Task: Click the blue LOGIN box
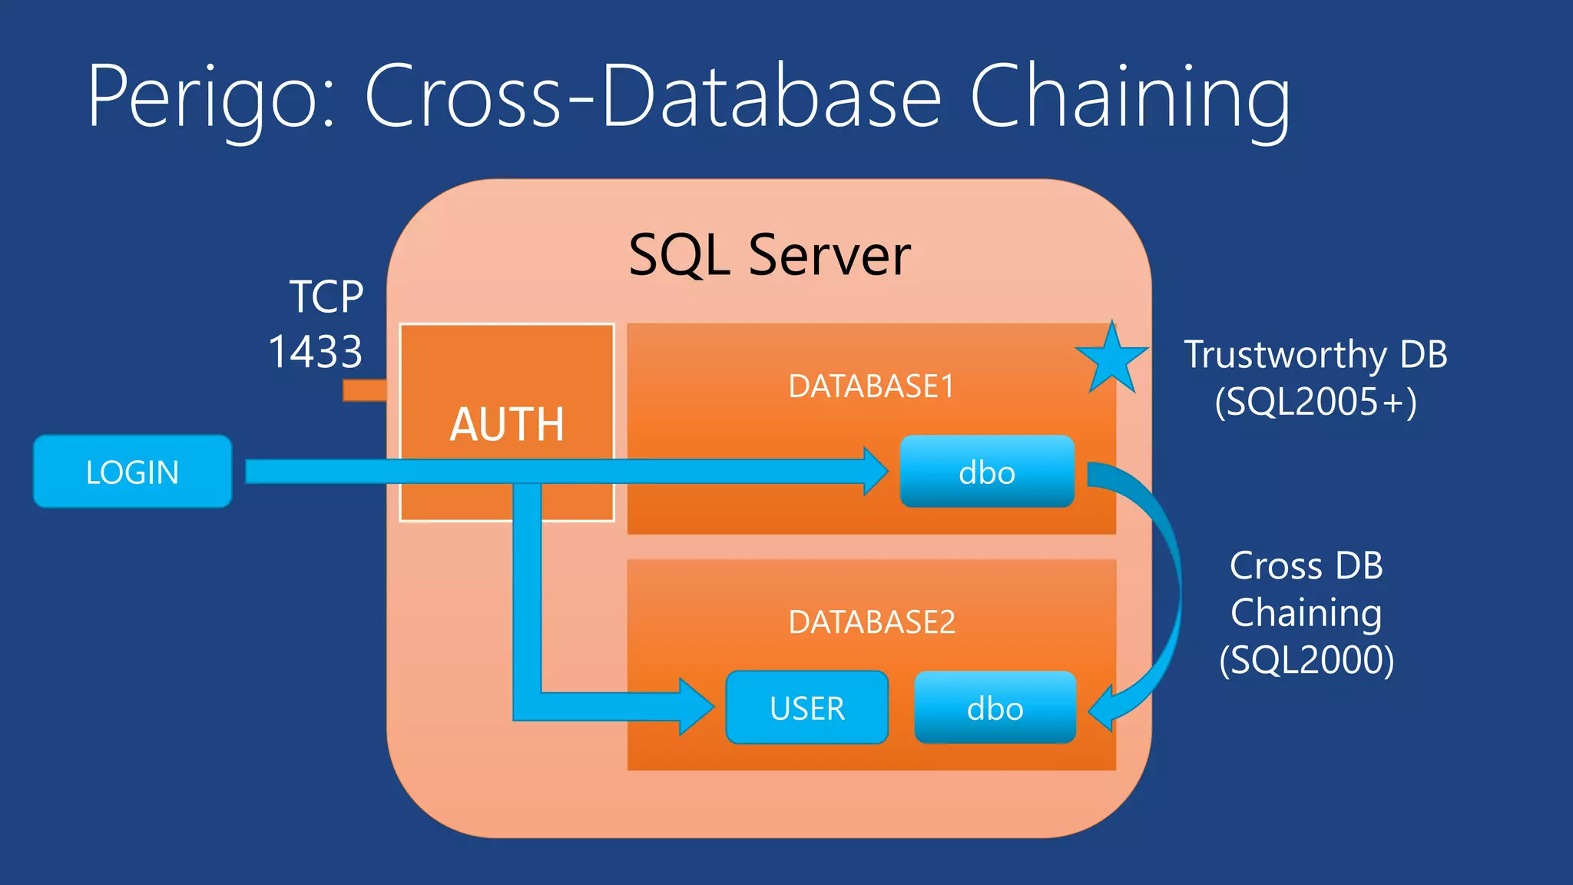(132, 472)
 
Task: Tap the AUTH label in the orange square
(507, 424)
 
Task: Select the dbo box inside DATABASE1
(987, 472)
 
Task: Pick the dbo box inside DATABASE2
(995, 708)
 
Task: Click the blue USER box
(806, 708)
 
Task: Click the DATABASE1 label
(871, 386)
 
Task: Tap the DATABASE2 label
(871, 621)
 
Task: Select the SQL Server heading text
(769, 255)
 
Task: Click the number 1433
(315, 352)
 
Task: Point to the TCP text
(326, 297)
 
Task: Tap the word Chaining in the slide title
(1129, 97)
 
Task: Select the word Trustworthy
(1285, 355)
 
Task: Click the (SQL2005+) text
(1315, 401)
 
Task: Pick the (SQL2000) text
(1306, 659)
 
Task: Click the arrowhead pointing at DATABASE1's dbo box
(876, 471)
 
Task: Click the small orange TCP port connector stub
(364, 390)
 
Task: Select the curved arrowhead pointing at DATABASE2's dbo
(1104, 708)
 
